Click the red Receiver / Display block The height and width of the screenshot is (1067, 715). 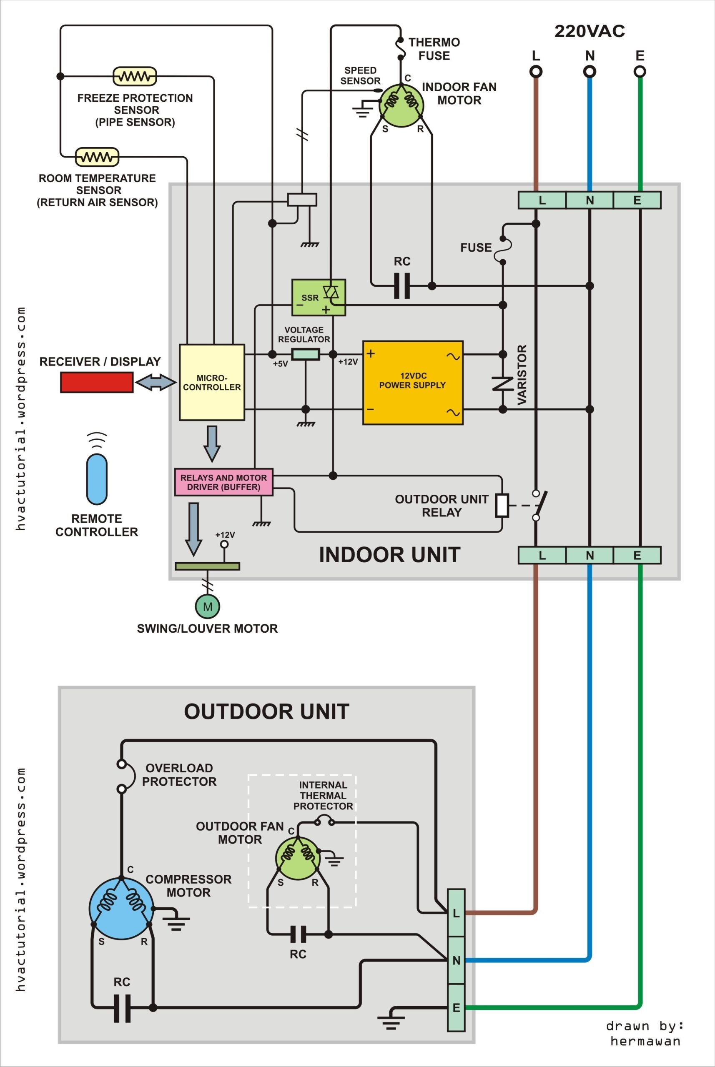point(97,382)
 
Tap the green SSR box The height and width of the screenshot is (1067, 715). point(318,297)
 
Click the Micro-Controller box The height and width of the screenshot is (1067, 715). point(212,382)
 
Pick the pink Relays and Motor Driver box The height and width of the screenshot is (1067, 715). point(223,482)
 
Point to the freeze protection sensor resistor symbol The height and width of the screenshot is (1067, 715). point(135,76)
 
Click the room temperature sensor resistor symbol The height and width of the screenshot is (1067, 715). point(97,157)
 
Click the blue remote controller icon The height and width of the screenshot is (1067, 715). point(97,478)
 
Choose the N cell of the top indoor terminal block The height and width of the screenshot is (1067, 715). point(589,200)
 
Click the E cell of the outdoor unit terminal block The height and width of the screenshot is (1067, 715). point(456,1008)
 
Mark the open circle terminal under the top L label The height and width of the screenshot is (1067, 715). point(536,72)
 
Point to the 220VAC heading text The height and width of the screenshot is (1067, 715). point(589,31)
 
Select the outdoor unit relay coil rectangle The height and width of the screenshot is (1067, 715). point(502,505)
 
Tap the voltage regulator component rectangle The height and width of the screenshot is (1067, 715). point(306,354)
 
